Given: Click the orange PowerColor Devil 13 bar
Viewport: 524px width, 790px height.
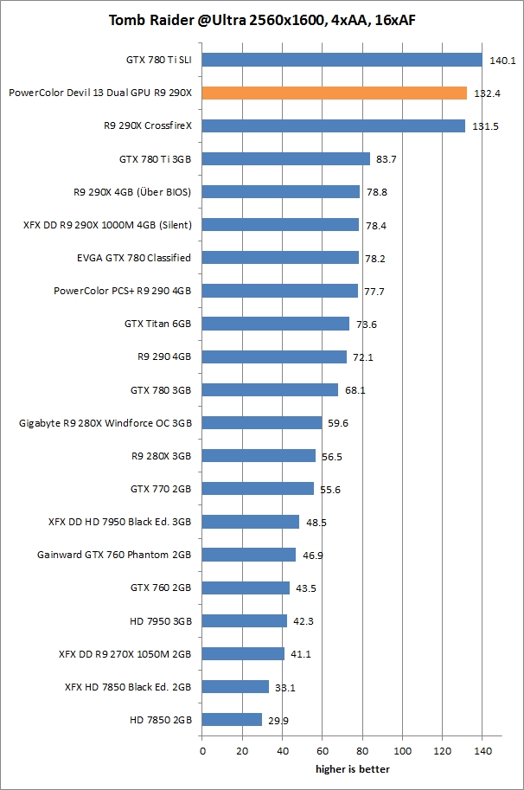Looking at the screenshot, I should click(334, 93).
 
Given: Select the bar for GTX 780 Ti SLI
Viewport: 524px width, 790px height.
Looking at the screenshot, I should click(342, 60).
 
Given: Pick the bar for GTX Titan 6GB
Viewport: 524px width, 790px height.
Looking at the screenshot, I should click(275, 324).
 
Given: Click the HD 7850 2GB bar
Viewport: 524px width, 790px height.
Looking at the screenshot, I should click(232, 719).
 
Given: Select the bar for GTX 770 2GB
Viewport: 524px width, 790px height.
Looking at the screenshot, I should click(258, 489).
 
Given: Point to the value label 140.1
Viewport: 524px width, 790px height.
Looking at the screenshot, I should click(502, 61).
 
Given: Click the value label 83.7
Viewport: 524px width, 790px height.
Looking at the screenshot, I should click(387, 159).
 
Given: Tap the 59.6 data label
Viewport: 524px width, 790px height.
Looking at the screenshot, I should click(338, 423).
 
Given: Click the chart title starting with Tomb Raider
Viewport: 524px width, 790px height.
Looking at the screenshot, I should click(261, 20).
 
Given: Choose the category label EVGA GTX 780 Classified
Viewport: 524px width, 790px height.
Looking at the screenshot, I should click(134, 258).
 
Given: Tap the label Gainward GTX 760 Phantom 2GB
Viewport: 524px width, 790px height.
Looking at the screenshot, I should click(114, 555).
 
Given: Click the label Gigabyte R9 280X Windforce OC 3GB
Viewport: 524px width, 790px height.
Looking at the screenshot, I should click(105, 423).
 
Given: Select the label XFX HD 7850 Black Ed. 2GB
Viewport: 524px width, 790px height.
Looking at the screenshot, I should click(128, 686).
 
